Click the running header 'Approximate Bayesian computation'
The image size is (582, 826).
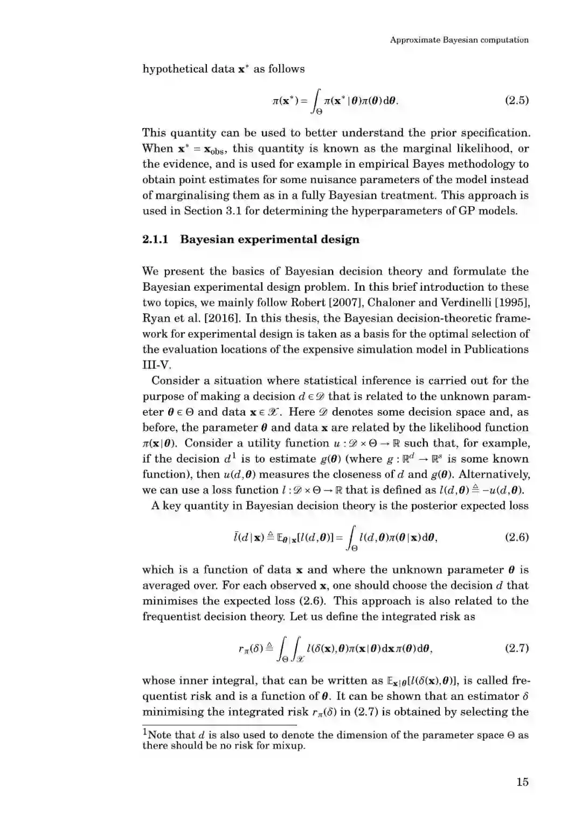pos(459,40)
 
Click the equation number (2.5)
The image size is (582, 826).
pos(516,100)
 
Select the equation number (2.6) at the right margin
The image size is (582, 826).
pos(516,537)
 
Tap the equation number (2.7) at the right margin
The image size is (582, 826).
pos(516,648)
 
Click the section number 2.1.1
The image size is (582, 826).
pos(155,240)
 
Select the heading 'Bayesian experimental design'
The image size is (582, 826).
pos(269,240)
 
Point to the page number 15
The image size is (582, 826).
pos(522,782)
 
